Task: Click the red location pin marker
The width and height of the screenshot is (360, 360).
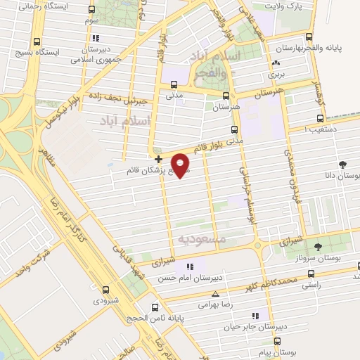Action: pos(182,165)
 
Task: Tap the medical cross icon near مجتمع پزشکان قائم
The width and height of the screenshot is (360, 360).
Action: pos(158,159)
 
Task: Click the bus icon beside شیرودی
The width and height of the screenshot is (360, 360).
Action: pos(106,290)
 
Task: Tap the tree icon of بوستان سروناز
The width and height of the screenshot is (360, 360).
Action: pos(318,247)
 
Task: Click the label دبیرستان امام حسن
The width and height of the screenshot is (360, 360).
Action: pos(185,278)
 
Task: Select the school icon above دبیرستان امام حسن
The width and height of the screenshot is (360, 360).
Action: pos(189,266)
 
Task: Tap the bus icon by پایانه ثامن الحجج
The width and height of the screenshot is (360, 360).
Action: pos(155,307)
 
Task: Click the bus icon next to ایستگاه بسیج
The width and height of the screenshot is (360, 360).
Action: pos(37,41)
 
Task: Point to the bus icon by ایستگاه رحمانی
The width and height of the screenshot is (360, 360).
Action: pos(92,10)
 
